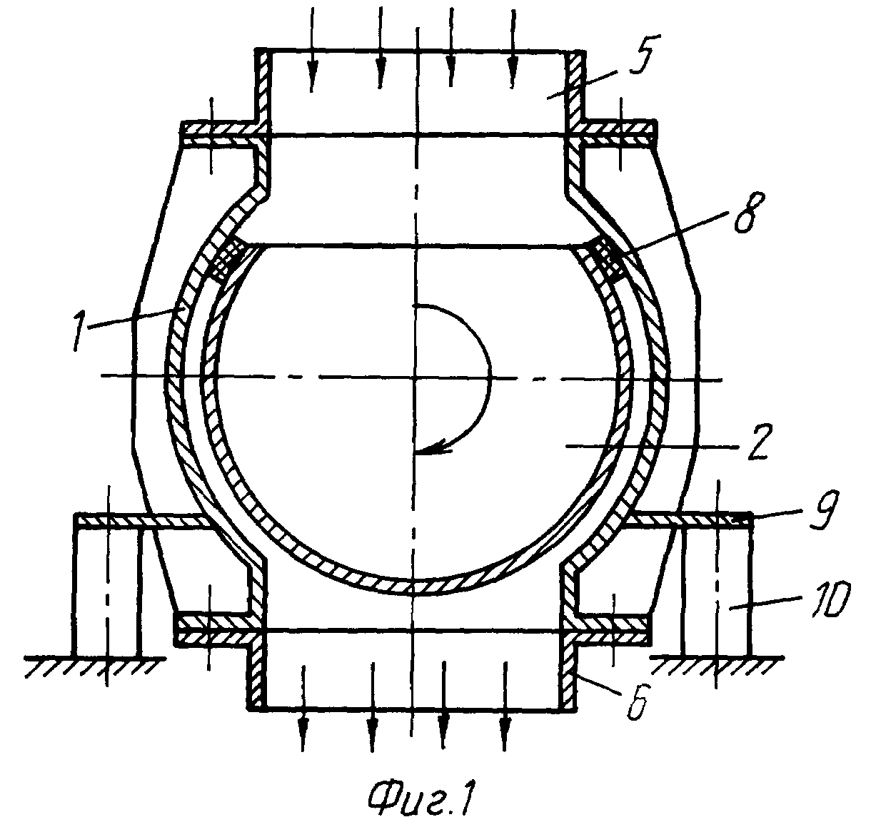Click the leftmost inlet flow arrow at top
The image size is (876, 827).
pos(312,49)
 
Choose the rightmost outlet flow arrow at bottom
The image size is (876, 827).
pos(505,706)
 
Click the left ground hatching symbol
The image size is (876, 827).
pos(95,666)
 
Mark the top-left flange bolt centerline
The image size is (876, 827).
pos(211,136)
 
